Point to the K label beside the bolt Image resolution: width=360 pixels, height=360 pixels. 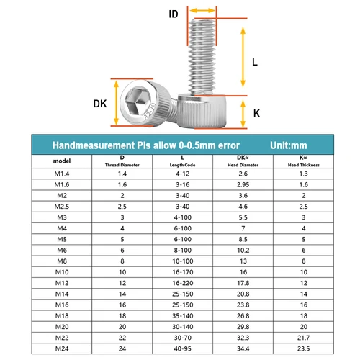256,113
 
